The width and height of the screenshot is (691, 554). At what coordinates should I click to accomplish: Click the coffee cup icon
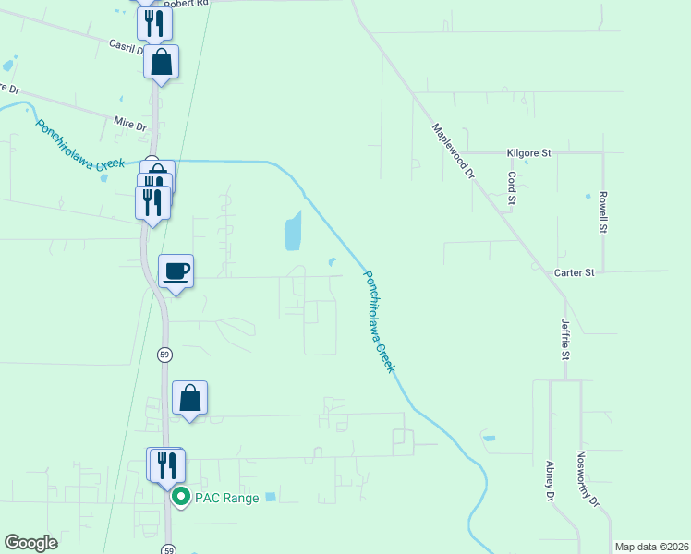point(176,271)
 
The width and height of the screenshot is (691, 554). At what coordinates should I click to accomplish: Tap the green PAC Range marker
point(181,498)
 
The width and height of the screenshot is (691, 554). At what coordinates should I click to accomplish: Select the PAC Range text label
point(226,498)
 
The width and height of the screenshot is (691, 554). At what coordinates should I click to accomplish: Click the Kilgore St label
point(528,152)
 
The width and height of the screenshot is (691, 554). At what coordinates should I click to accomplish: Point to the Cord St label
point(511,187)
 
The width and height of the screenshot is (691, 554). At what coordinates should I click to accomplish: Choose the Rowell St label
point(602,211)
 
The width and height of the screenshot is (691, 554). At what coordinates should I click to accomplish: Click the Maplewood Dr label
point(453,151)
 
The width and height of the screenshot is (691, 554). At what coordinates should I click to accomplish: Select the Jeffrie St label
point(565,338)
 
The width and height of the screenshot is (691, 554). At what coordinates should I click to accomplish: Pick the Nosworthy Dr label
point(588,480)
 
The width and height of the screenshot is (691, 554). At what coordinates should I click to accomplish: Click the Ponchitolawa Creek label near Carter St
point(380,320)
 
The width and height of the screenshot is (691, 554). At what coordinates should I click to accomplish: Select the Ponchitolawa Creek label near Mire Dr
point(79,144)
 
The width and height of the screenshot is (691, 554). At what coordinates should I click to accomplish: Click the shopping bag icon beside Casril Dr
point(161,62)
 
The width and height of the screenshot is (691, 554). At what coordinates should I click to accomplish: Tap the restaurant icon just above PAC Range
point(166,464)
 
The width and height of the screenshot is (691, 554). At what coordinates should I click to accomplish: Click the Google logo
point(31,543)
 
